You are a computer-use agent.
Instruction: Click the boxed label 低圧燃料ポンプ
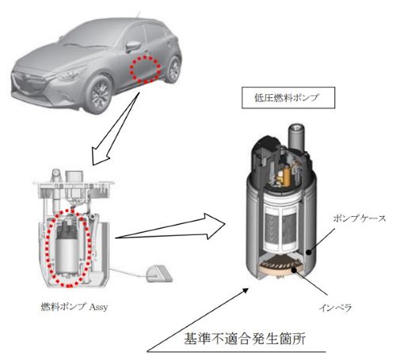[288, 98]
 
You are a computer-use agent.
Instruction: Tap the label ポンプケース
[360, 218]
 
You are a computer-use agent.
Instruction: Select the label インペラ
[335, 308]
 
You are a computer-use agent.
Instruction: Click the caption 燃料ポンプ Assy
[74, 307]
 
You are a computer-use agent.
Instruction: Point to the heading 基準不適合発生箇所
[245, 339]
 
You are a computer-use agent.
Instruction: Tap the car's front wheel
[99, 94]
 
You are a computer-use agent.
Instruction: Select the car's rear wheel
[173, 69]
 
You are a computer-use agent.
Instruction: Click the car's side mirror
[132, 47]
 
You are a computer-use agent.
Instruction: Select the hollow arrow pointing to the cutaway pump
[170, 227]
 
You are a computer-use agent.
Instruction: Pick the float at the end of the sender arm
[158, 274]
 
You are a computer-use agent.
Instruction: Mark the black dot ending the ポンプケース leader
[308, 252]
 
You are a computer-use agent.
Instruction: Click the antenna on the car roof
[138, 14]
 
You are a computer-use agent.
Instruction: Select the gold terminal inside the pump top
[286, 176]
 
